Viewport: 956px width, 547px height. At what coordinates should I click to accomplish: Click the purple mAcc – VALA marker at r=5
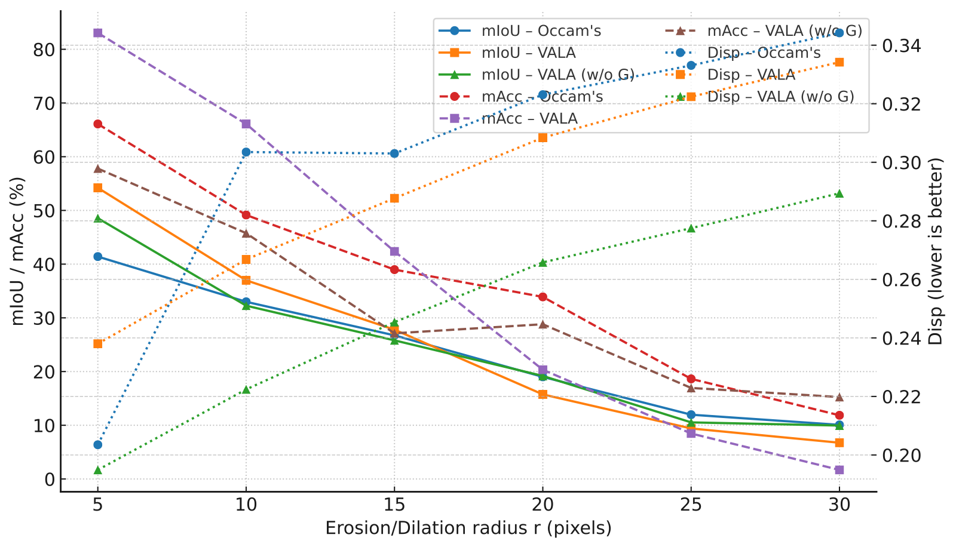click(x=98, y=33)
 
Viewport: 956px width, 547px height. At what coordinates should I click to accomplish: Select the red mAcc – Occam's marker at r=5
click(x=98, y=124)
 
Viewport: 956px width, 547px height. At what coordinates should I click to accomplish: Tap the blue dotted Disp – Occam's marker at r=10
click(x=246, y=152)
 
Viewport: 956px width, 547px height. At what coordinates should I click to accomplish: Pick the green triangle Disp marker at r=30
click(x=839, y=194)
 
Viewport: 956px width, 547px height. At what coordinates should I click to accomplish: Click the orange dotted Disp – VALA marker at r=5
click(x=98, y=343)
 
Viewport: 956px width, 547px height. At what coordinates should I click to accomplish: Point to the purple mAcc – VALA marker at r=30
click(x=839, y=470)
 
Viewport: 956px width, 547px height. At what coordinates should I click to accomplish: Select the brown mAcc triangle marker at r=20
click(x=543, y=324)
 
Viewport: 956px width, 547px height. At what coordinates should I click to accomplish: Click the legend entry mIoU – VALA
click(x=528, y=53)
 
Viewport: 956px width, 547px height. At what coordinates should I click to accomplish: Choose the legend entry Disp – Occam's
click(x=764, y=53)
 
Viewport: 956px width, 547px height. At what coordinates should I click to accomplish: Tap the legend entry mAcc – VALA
click(x=529, y=119)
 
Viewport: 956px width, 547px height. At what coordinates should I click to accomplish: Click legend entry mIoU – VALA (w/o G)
click(x=557, y=75)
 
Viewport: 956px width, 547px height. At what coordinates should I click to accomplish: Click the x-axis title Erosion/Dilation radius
click(x=468, y=528)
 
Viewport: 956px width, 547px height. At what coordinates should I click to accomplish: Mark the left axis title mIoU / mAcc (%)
click(x=18, y=251)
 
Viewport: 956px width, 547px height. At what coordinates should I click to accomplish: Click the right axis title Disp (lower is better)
click(x=936, y=251)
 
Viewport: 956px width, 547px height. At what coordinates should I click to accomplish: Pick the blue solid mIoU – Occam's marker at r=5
click(x=98, y=257)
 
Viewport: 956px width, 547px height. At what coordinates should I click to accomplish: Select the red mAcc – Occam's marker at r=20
click(x=543, y=297)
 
